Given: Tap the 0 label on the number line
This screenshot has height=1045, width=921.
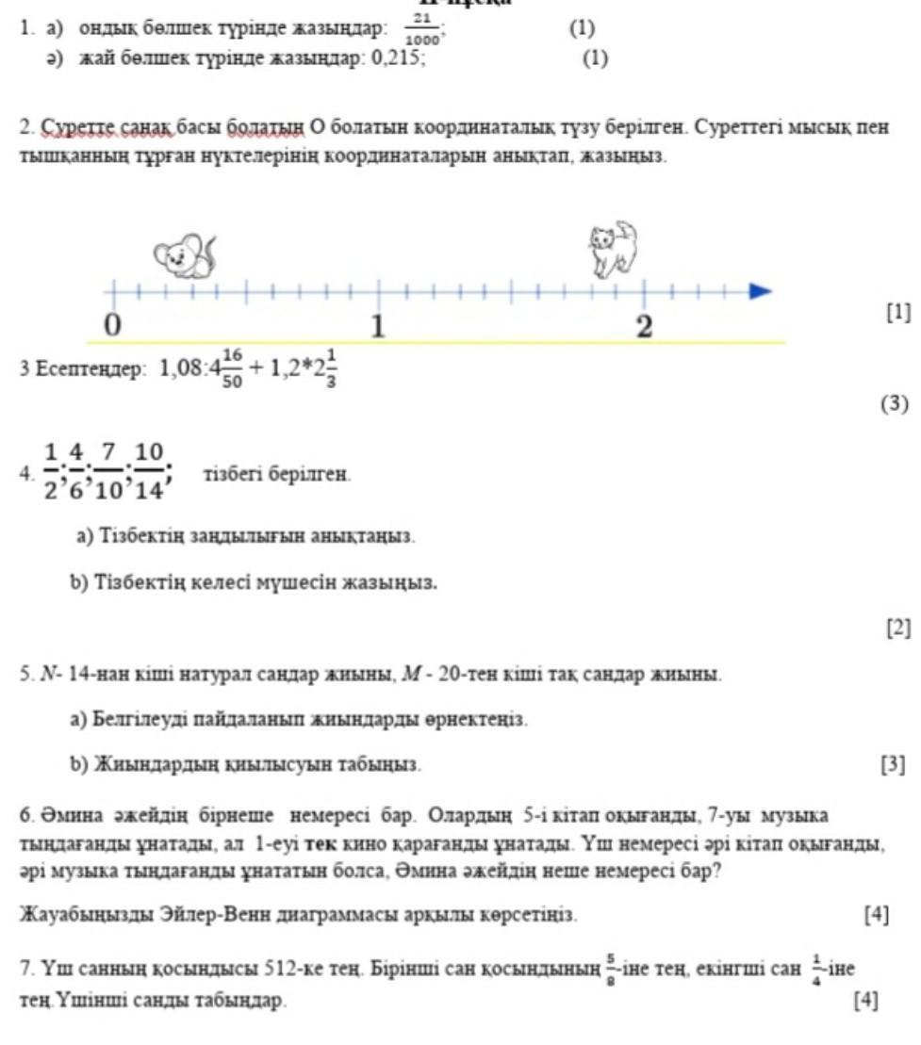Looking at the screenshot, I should pyautogui.click(x=112, y=325).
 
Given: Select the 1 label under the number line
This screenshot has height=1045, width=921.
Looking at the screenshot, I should pyautogui.click(x=378, y=327).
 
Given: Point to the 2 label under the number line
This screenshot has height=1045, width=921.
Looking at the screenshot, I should pyautogui.click(x=644, y=327).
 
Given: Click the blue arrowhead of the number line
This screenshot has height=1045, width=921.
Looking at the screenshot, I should pyautogui.click(x=760, y=291).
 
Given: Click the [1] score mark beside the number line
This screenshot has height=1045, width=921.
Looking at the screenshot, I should pyautogui.click(x=898, y=312).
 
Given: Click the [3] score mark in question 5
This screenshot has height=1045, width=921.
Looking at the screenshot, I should pyautogui.click(x=892, y=764).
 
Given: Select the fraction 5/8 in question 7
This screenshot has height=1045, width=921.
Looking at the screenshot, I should pyautogui.click(x=614, y=969).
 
